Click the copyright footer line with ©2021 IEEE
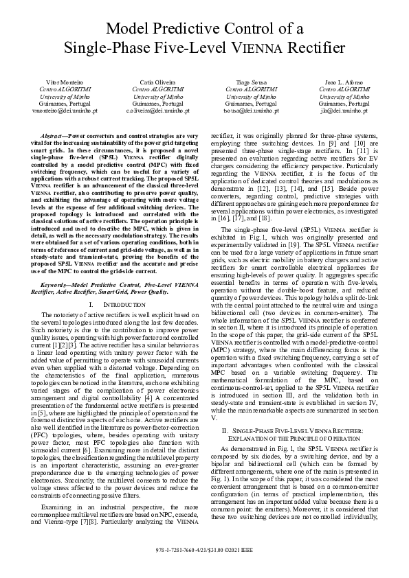tap(204, 570)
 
